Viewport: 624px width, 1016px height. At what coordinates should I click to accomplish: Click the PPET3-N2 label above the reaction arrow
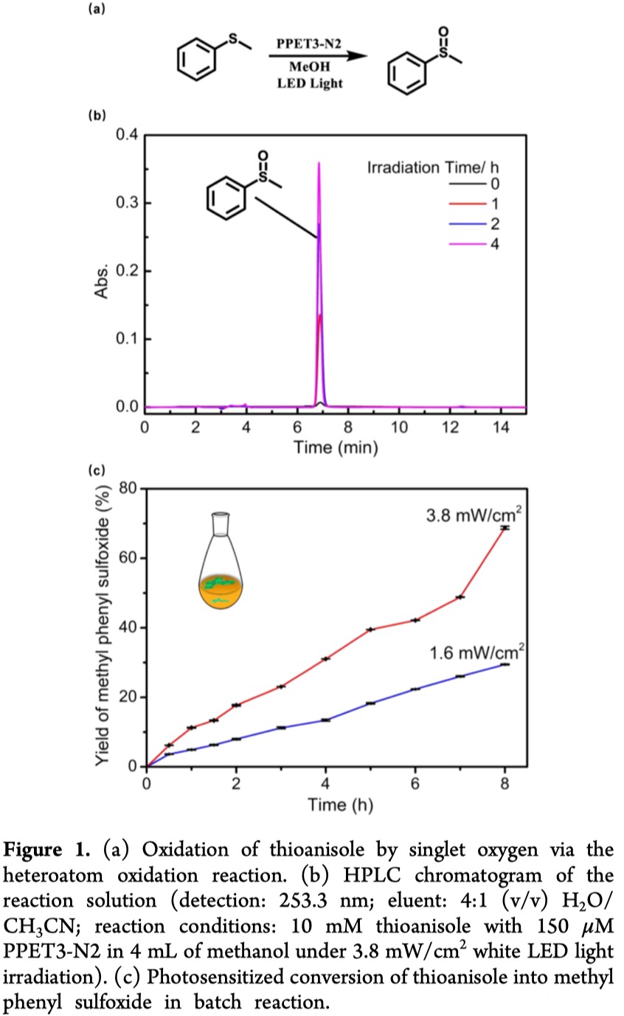pos(309,46)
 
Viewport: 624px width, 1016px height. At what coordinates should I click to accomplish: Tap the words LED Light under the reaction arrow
pos(309,83)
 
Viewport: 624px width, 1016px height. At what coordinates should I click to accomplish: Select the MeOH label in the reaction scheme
pos(309,66)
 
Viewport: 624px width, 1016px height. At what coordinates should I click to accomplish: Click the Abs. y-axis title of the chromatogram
pos(101,271)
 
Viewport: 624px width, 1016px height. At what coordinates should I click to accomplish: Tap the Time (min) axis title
pos(336,448)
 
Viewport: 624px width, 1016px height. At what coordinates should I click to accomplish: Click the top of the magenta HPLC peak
pos(319,163)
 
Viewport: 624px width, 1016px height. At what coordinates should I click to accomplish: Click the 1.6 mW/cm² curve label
pos(477,652)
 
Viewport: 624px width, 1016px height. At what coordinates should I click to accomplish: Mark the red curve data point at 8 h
pos(505,528)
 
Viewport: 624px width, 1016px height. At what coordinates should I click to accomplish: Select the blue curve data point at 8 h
pos(505,664)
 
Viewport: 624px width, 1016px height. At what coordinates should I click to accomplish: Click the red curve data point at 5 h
pos(371,629)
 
